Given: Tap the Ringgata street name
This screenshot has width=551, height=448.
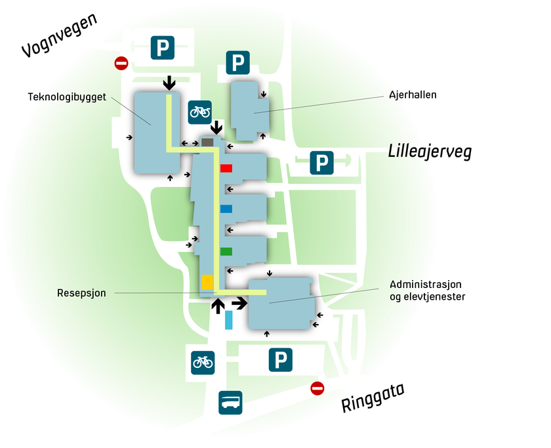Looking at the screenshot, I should [372, 397].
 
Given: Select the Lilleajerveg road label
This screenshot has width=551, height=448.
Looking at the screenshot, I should [430, 152].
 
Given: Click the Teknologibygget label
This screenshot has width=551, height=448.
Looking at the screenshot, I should [67, 96].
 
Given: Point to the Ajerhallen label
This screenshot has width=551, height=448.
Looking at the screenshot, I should [413, 95].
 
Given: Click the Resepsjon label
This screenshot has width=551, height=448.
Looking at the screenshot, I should [81, 293].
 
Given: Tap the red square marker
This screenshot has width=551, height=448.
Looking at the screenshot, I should [226, 168].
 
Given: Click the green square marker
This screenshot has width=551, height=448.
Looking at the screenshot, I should [226, 251].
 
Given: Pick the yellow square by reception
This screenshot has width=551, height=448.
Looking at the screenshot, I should [207, 282].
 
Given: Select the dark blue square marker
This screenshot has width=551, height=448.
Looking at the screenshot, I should [226, 209].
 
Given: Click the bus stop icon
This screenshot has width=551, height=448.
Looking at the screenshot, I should [230, 402].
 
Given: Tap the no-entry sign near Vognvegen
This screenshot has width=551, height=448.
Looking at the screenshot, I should [121, 64].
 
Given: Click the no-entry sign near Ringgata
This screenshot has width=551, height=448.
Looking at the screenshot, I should [317, 389].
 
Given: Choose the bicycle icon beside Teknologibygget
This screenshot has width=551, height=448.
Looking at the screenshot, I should [200, 112].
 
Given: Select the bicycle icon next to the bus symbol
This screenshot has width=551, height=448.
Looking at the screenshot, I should [203, 361].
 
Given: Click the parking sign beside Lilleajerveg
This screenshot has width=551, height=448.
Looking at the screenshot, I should [321, 162].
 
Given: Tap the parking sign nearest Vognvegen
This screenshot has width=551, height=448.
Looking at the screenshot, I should [163, 48].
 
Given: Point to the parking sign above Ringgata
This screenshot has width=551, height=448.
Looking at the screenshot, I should [281, 360].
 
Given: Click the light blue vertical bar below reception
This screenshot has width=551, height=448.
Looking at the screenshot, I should [229, 320].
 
